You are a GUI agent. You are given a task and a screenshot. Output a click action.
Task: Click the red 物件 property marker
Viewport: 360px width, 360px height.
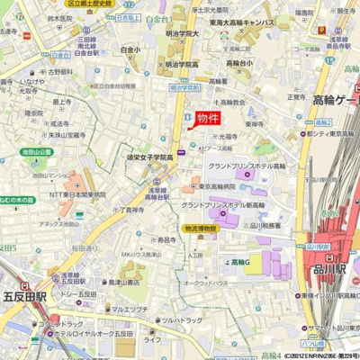[208, 118]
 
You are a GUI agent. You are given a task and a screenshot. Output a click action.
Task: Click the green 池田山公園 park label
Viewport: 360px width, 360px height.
[37, 152]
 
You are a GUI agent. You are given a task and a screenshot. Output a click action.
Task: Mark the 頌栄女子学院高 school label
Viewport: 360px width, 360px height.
[149, 157]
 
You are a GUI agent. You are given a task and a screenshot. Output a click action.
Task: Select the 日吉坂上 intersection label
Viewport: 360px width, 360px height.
[127, 17]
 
